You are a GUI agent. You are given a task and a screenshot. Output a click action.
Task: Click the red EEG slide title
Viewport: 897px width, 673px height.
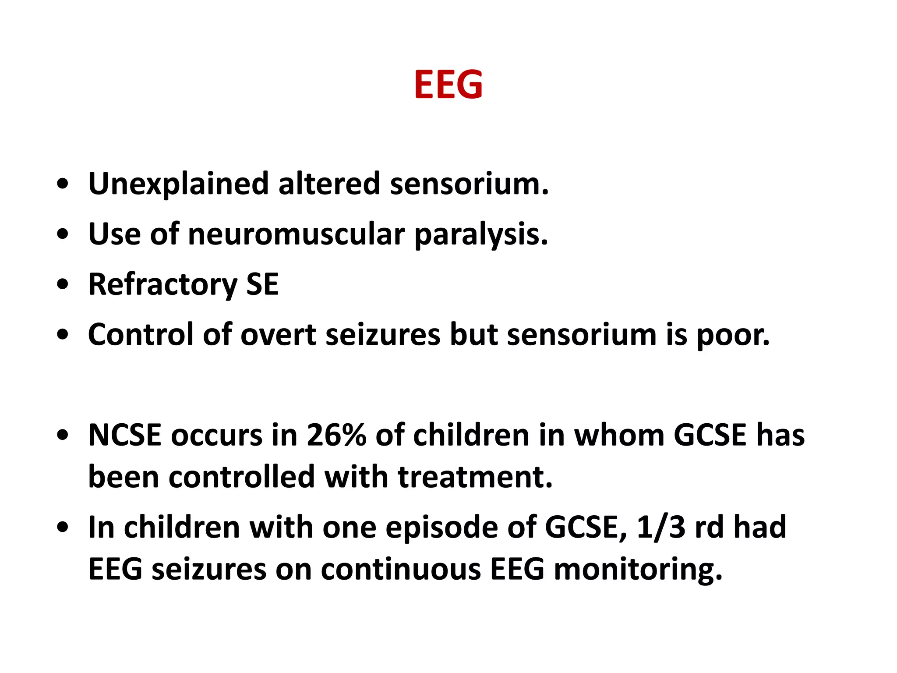[448, 84]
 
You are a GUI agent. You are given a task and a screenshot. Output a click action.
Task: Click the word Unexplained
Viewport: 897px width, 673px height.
[178, 184]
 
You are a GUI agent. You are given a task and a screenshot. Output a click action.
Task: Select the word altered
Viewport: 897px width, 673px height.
[329, 184]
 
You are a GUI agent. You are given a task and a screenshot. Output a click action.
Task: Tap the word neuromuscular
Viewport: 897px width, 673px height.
[296, 234]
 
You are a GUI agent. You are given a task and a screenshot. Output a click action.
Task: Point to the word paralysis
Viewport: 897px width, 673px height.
[481, 235]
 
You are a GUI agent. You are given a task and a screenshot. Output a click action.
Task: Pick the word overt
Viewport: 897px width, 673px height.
[278, 335]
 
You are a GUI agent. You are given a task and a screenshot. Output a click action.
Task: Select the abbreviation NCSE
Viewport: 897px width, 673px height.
[125, 436]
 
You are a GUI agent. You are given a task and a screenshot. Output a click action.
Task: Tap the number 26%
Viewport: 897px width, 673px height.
[336, 436]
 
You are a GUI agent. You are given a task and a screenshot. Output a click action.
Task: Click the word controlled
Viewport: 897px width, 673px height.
[241, 477]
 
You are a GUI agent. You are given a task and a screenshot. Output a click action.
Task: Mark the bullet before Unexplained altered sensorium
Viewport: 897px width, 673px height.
[63, 184]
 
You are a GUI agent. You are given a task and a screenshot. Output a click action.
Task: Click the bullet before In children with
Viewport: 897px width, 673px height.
[63, 527]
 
